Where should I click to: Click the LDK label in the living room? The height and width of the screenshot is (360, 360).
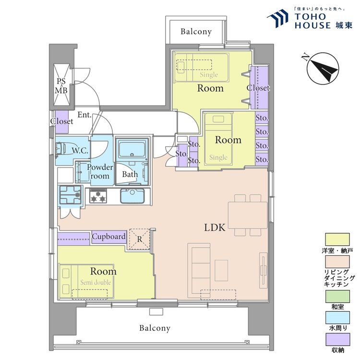pyautogui.click(x=215, y=228)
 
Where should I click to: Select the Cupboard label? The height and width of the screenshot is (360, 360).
pyautogui.click(x=109, y=237)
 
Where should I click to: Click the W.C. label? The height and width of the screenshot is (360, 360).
pyautogui.click(x=80, y=151)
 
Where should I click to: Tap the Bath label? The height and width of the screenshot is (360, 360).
pyautogui.click(x=130, y=175)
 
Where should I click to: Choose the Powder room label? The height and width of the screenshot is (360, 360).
pyautogui.click(x=100, y=171)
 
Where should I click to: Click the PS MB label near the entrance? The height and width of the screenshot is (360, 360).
pyautogui.click(x=61, y=85)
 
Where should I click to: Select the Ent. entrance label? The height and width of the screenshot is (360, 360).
pyautogui.click(x=84, y=115)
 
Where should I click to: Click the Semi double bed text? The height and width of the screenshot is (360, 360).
pyautogui.click(x=96, y=283)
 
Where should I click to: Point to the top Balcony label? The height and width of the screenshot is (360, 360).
pyautogui.click(x=196, y=32)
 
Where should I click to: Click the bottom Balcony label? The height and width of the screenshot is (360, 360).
pyautogui.click(x=155, y=328)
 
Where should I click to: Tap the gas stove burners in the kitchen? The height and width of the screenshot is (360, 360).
pyautogui.click(x=98, y=196)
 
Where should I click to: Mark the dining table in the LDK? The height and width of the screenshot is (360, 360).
pyautogui.click(x=247, y=216)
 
